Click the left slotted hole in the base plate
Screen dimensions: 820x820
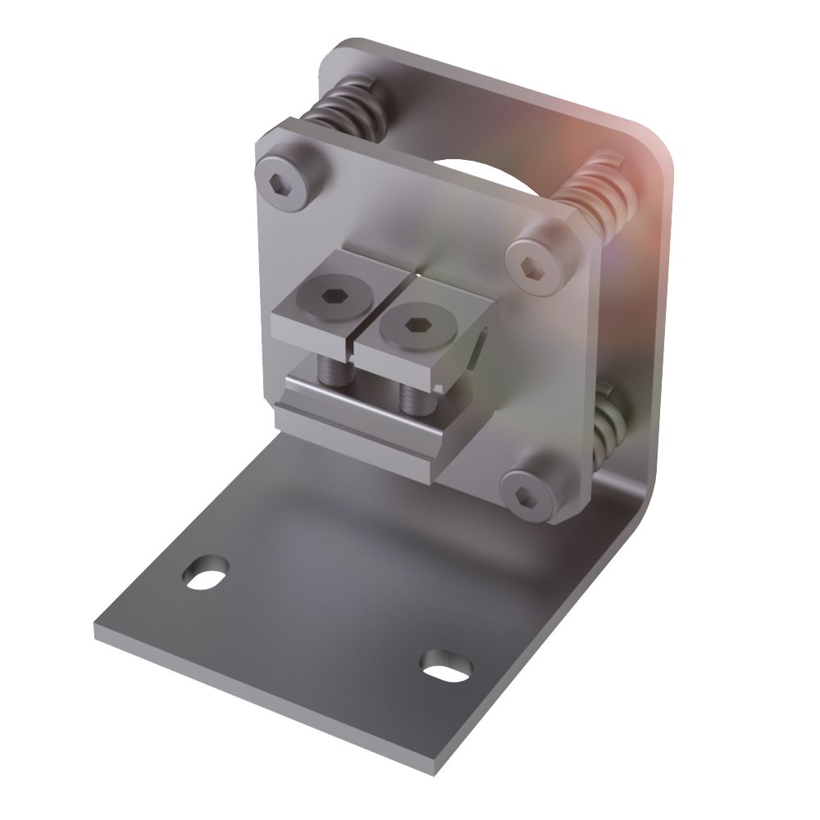(x=205, y=572)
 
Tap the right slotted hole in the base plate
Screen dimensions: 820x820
(x=446, y=665)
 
